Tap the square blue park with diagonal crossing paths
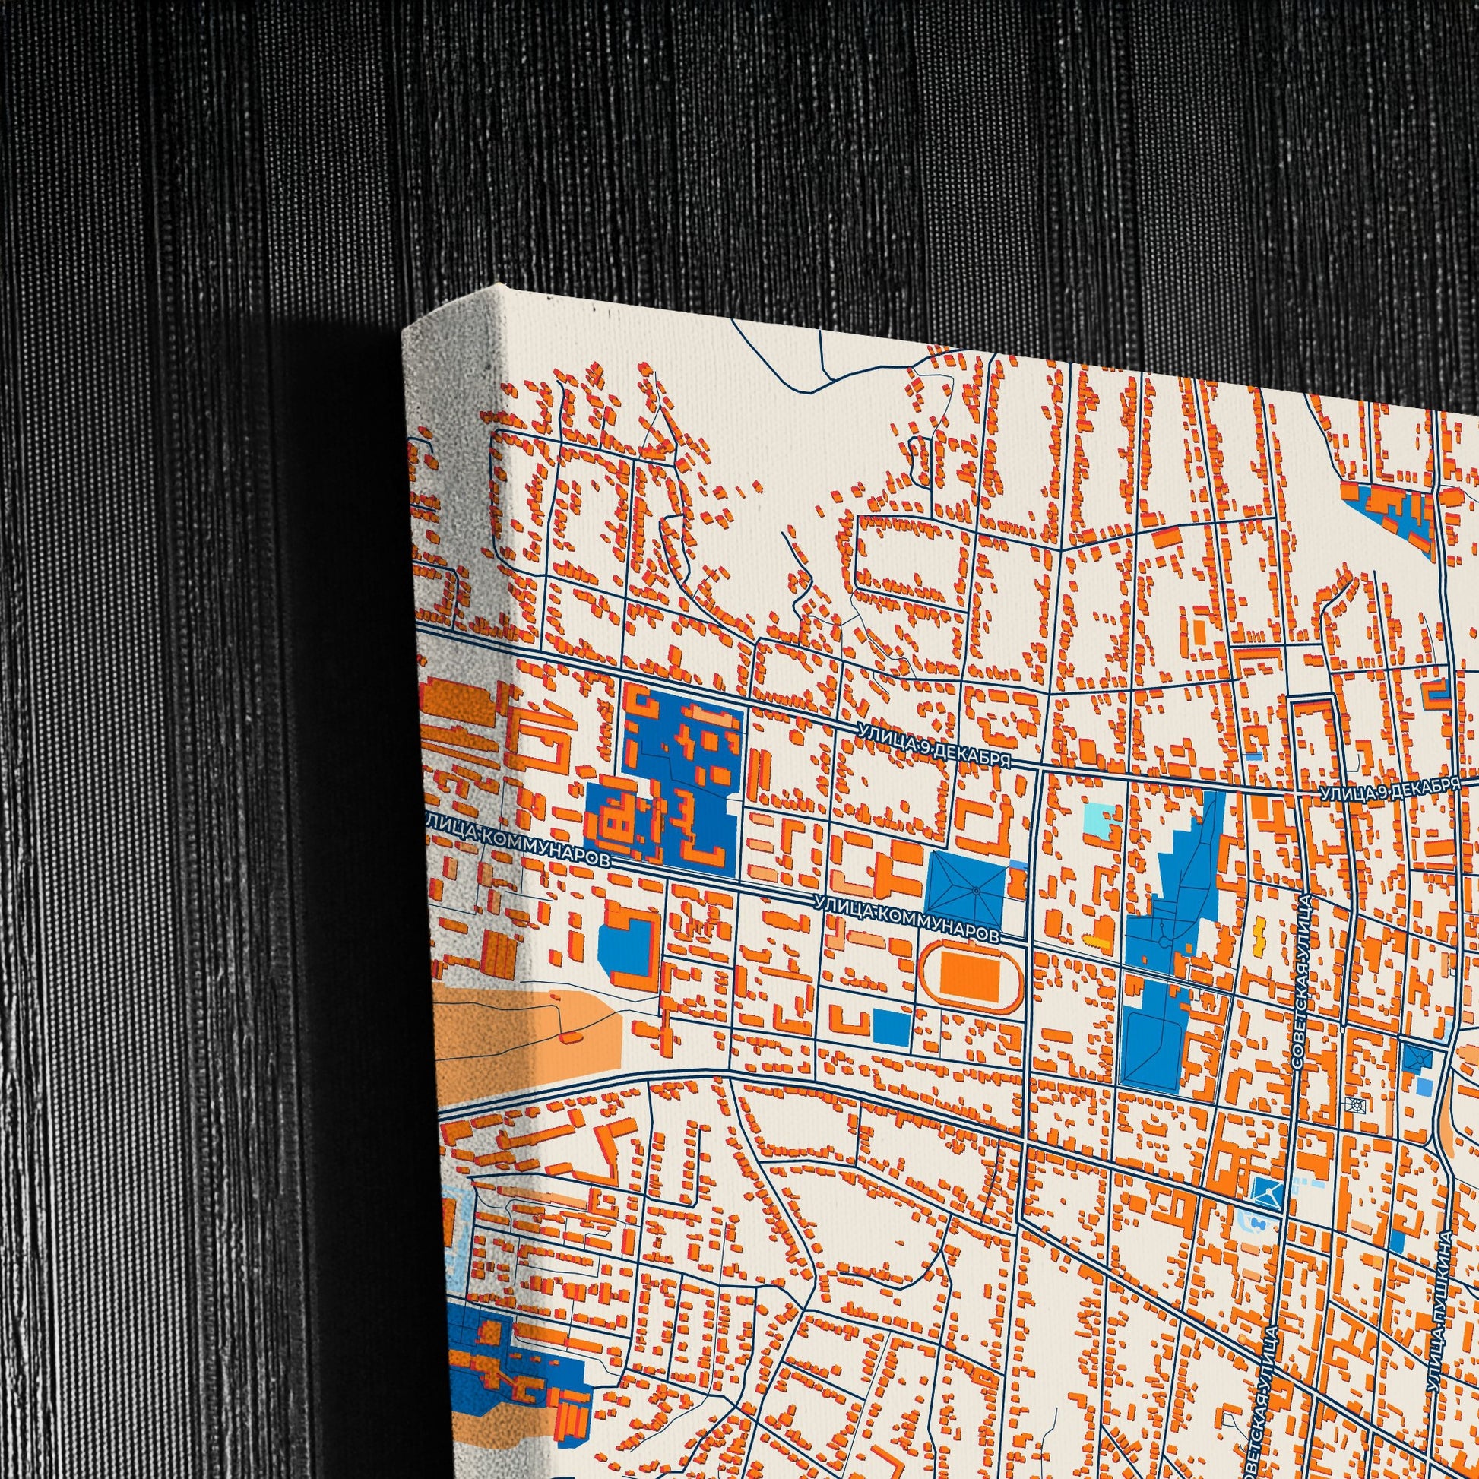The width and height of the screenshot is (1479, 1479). [x=964, y=889]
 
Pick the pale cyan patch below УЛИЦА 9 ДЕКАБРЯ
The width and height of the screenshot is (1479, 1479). [x=1102, y=821]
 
